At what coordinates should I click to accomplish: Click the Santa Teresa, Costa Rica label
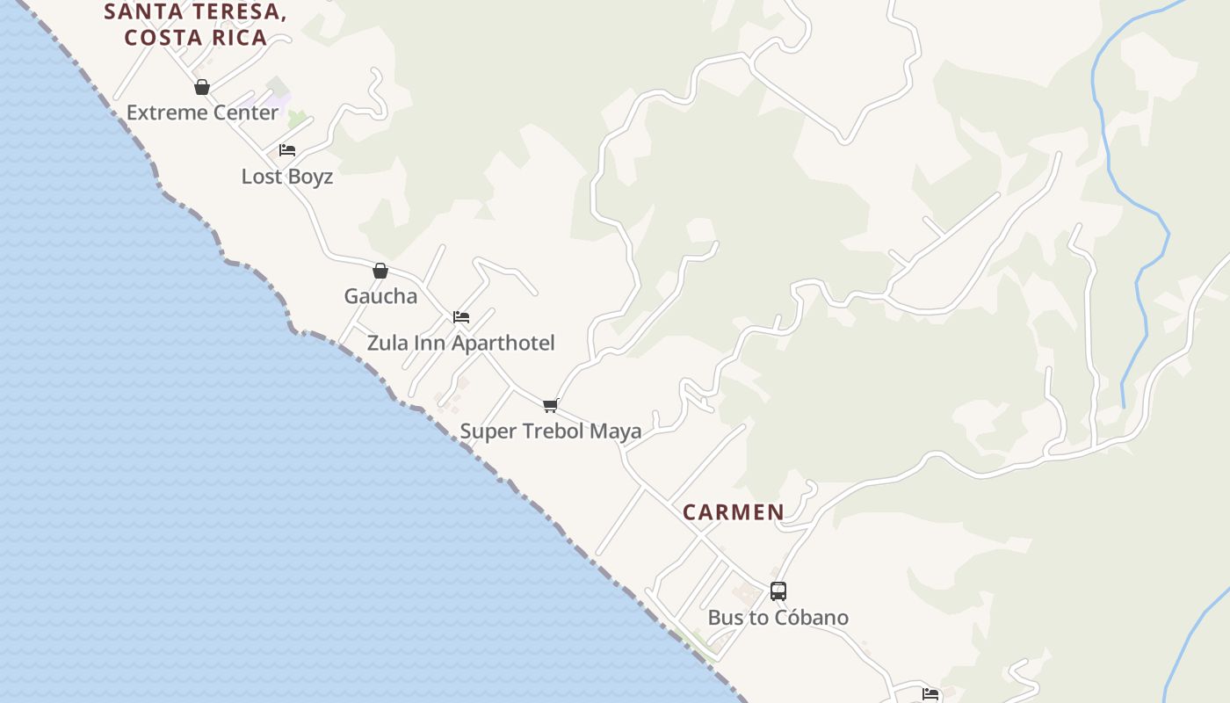tap(196, 25)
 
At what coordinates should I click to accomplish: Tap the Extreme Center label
tap(202, 112)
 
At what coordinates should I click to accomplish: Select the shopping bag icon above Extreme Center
tap(202, 87)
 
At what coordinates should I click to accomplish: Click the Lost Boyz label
tap(287, 177)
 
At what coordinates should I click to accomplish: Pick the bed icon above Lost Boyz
tap(287, 150)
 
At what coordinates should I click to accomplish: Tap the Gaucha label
tap(380, 296)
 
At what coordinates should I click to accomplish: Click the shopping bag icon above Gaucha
tap(380, 271)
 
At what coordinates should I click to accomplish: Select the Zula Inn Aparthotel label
tap(460, 343)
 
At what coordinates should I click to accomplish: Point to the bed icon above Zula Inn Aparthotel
tap(461, 317)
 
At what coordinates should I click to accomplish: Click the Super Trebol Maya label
tap(551, 431)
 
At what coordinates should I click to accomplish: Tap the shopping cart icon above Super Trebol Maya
tap(551, 405)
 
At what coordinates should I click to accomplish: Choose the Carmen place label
tap(734, 512)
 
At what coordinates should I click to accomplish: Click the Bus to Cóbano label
tap(778, 618)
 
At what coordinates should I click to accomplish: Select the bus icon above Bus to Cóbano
tap(778, 591)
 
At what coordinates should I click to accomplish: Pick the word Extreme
tap(162, 112)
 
